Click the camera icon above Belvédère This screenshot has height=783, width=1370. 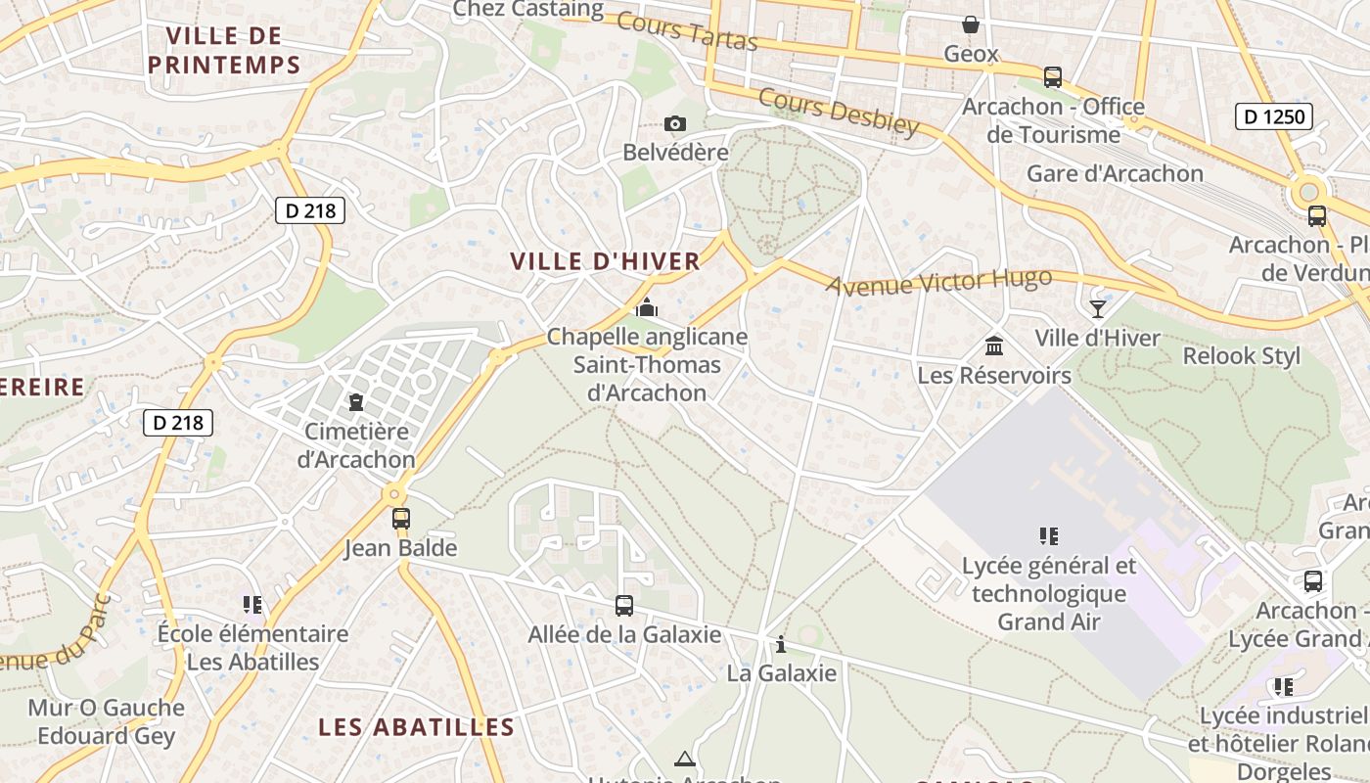tap(674, 123)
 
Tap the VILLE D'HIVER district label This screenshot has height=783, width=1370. tap(606, 261)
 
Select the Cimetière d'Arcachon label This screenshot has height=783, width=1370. tap(360, 445)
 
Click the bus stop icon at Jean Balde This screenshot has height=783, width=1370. tap(400, 519)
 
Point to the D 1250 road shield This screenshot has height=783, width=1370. tap(1272, 117)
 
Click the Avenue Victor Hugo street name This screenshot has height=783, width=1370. tap(938, 282)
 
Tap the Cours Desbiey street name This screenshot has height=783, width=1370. tap(839, 111)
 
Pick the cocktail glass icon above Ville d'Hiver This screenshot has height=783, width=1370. tap(1098, 309)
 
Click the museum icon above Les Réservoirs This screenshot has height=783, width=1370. tap(994, 345)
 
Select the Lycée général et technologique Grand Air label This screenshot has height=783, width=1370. tap(1049, 593)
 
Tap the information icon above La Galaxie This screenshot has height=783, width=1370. tap(781, 644)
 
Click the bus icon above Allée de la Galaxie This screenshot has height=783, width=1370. tap(624, 606)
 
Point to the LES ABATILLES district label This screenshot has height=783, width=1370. tap(417, 727)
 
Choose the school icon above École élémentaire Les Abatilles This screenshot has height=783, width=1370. tap(252, 605)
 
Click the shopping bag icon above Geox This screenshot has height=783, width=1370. tap(971, 23)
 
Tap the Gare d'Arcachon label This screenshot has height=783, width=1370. tap(1115, 173)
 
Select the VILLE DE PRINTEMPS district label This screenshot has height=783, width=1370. tap(224, 51)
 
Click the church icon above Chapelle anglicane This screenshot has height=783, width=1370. tap(646, 308)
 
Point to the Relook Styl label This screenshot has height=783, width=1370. tap(1242, 355)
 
